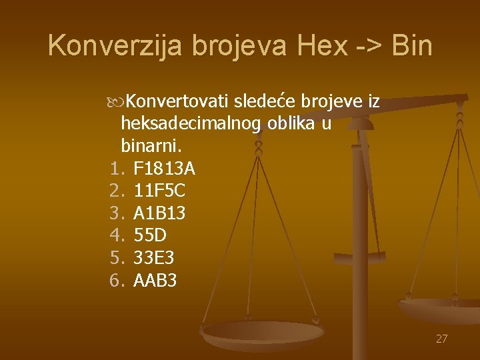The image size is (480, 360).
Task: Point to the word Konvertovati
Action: (177, 101)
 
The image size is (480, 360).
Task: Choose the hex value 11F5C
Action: (160, 191)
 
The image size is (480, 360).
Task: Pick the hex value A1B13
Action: (160, 214)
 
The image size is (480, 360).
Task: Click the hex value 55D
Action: (151, 236)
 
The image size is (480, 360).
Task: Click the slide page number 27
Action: (441, 339)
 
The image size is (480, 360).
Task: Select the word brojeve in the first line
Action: (331, 101)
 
